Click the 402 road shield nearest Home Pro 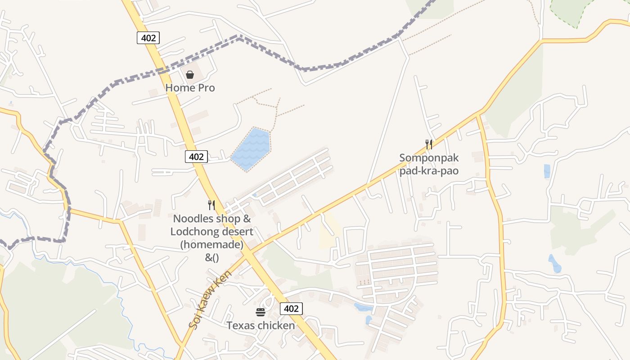pos(148,38)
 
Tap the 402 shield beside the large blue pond pos(196,157)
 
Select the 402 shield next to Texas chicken pos(291,308)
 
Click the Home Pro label pos(190,87)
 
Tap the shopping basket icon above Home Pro pos(190,74)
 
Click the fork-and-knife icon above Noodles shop pos(211,205)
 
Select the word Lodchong pos(194,232)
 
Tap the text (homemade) pos(211,245)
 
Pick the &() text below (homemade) pos(211,257)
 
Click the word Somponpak pos(429,158)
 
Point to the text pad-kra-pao pos(429,171)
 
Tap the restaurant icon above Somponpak pos(429,144)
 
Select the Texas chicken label pos(261,325)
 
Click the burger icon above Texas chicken pos(261,312)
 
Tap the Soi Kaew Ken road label pos(211,299)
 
